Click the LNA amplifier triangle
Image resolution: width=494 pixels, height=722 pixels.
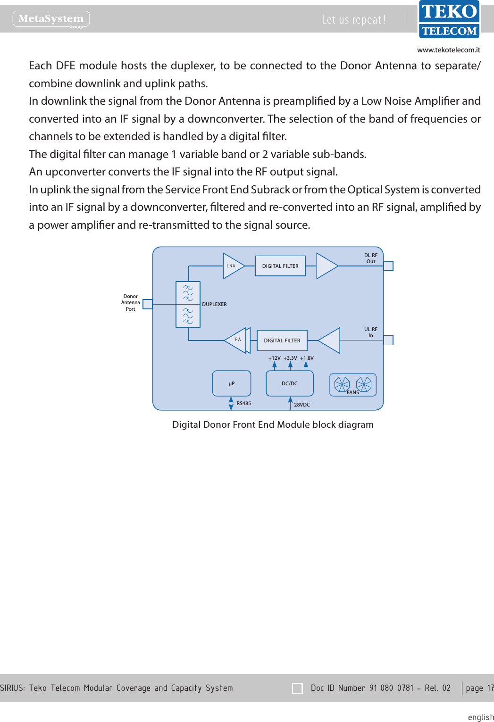click(232, 266)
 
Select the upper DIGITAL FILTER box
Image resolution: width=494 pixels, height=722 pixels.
click(280, 266)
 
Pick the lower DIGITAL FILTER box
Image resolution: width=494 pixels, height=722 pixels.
click(282, 340)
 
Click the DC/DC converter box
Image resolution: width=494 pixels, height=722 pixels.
click(290, 383)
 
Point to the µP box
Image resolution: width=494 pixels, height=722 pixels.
click(232, 383)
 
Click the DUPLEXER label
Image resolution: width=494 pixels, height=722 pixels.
click(214, 304)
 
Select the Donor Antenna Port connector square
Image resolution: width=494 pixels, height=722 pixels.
click(148, 304)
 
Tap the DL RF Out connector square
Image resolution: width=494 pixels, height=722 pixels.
click(388, 266)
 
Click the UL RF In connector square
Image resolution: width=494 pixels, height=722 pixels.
click(388, 340)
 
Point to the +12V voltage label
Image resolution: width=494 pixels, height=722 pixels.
click(274, 358)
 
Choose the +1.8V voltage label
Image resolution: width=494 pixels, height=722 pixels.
click(307, 358)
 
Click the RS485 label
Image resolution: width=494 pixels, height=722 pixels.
click(243, 403)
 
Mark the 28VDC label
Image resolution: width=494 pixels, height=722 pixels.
click(302, 405)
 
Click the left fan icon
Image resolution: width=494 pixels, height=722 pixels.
click(342, 384)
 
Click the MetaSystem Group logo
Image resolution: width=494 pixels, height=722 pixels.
click(51, 19)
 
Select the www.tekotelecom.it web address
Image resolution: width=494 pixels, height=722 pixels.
click(448, 50)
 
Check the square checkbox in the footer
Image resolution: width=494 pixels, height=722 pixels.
click(297, 688)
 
